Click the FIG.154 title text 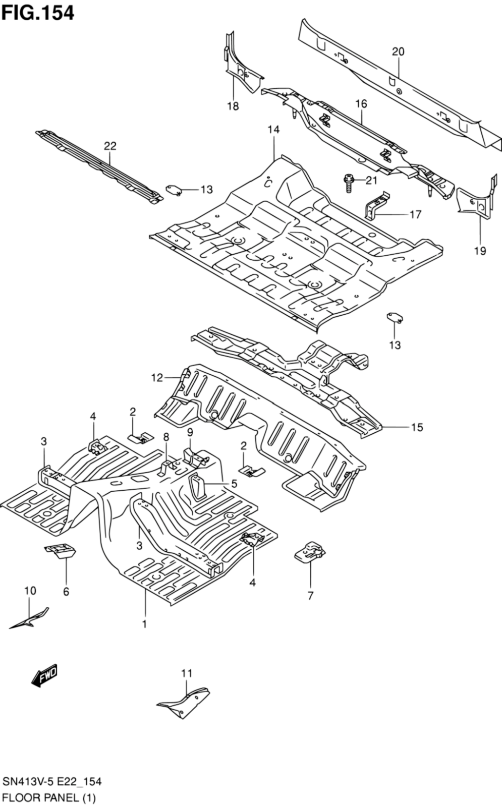pos(38,13)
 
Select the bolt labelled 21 pos(348,181)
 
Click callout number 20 pos(398,51)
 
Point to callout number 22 pos(110,146)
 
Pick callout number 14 pos(273,130)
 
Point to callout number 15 pos(417,427)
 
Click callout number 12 pos(157,377)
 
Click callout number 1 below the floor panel pos(144,624)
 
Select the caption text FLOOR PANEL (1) pos(49,797)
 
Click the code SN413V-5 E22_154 pos(52,782)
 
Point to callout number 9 pos(190,432)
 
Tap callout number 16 pos(361,104)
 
